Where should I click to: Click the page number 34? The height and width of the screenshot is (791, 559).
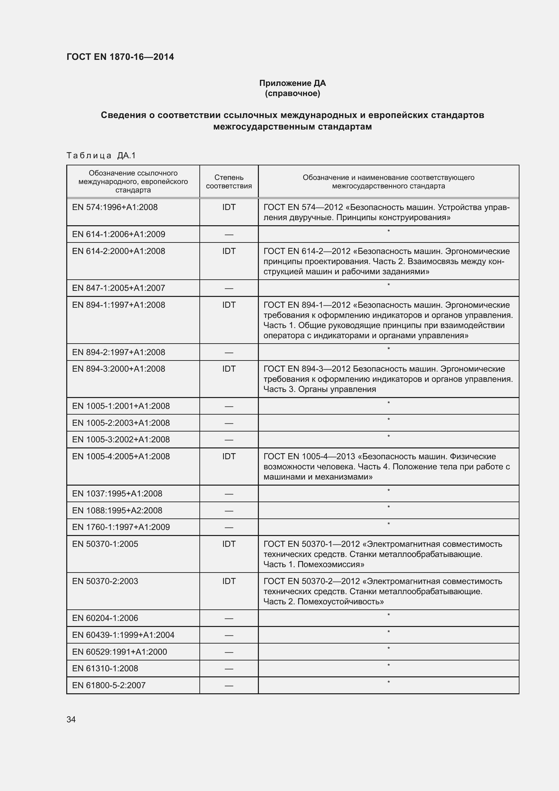coord(71,719)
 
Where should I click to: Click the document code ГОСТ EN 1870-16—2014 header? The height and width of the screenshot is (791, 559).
coord(120,57)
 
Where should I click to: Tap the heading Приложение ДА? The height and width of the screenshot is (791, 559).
coord(292,83)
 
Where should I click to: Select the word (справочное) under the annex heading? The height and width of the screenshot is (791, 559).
coord(292,93)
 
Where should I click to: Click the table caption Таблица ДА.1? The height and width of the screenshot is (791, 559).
coord(101,156)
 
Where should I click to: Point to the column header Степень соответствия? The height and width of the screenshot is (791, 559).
coord(228,182)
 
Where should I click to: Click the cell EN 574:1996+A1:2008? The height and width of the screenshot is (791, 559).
coord(115,207)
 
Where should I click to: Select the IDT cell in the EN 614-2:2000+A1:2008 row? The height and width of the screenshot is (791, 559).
coord(228,251)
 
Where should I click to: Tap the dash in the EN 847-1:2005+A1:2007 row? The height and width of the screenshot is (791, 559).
coord(228,289)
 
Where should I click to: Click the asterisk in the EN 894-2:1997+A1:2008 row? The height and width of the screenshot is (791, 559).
coord(388,349)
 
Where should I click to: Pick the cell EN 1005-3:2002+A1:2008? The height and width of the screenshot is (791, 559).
coord(121,439)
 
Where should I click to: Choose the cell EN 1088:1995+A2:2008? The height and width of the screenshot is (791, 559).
coord(117,510)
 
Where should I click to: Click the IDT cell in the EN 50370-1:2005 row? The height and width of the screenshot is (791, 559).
coord(228,544)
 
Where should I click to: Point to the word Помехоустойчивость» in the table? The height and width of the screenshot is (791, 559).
coord(340,602)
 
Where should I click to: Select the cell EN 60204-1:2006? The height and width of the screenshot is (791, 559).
coord(105,618)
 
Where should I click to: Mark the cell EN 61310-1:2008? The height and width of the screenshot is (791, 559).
coord(105,668)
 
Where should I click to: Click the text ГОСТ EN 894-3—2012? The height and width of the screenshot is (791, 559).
coord(307,369)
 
